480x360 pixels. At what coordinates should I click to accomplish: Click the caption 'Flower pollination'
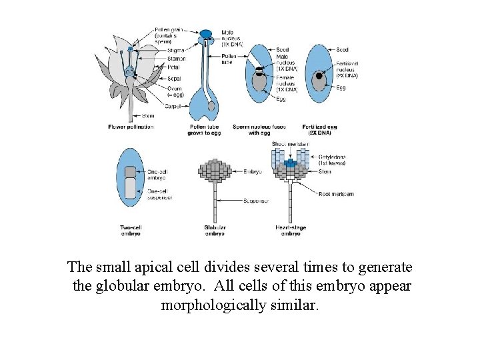point(131,126)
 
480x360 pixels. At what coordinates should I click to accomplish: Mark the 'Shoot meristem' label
point(289,144)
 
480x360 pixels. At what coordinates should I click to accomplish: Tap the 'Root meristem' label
point(337,194)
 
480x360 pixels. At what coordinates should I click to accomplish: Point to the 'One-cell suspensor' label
point(160,194)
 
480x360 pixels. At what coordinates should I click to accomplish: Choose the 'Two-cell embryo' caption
point(131,231)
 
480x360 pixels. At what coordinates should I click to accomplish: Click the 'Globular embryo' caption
point(215,231)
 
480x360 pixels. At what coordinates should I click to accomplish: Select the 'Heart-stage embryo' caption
point(290,231)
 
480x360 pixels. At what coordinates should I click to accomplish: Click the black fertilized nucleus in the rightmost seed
point(319,76)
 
